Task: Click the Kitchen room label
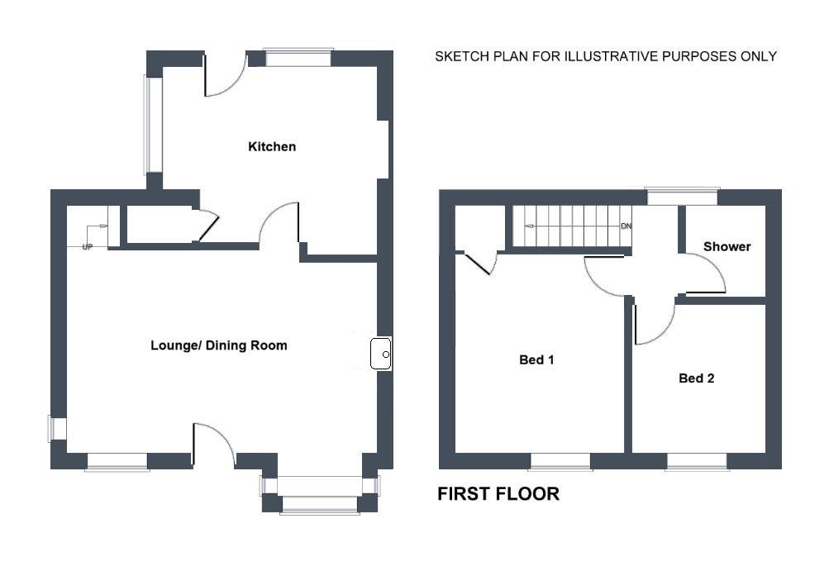(272, 146)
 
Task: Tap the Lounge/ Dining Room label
(219, 345)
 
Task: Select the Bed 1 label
(536, 360)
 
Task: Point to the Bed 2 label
(696, 378)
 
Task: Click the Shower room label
(727, 246)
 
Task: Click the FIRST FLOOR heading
(498, 494)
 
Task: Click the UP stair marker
(88, 247)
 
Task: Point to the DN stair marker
(626, 226)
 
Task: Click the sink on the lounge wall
(381, 354)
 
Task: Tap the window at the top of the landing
(682, 197)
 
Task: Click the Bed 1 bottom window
(560, 462)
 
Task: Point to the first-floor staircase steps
(572, 226)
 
